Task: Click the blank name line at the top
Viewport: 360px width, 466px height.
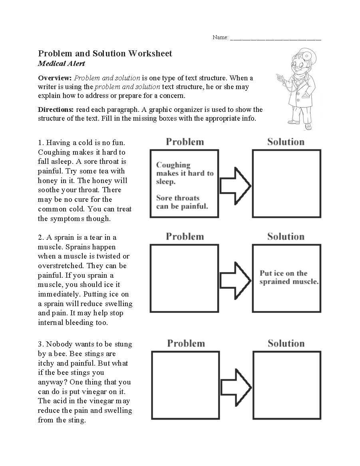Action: (275, 39)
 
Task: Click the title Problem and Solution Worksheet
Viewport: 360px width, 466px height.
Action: (105, 54)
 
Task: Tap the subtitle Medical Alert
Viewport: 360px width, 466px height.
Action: (61, 64)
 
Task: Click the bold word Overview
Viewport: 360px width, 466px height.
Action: (55, 78)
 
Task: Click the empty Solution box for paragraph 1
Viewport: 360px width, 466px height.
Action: (286, 183)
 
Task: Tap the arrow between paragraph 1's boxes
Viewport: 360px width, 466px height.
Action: (235, 185)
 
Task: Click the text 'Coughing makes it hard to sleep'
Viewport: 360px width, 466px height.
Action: (185, 173)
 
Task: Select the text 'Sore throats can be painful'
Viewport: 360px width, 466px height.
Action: (182, 202)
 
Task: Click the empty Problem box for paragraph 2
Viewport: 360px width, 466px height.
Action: (184, 278)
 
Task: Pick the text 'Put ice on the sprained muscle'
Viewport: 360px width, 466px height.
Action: (288, 277)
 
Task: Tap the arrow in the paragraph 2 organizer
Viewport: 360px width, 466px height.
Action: (235, 280)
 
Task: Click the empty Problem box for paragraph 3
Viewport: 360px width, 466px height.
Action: (186, 385)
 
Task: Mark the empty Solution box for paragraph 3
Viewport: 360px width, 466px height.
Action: (286, 385)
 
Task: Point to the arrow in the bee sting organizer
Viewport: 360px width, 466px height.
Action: (236, 387)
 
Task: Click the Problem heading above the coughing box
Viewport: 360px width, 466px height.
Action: (185, 142)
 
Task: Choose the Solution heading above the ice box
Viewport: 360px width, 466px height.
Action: (286, 237)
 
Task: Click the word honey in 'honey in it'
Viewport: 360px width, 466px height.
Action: (48, 181)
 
